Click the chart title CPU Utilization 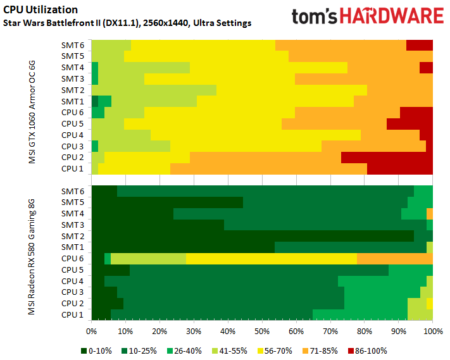[x=41, y=9]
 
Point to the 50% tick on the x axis [x=262, y=331]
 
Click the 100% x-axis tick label [x=432, y=331]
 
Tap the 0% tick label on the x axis [x=92, y=331]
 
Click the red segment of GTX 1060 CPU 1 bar [x=400, y=169]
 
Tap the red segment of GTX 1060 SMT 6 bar [x=420, y=45]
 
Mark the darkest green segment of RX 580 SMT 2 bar [x=253, y=235]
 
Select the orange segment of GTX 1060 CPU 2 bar [x=265, y=158]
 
